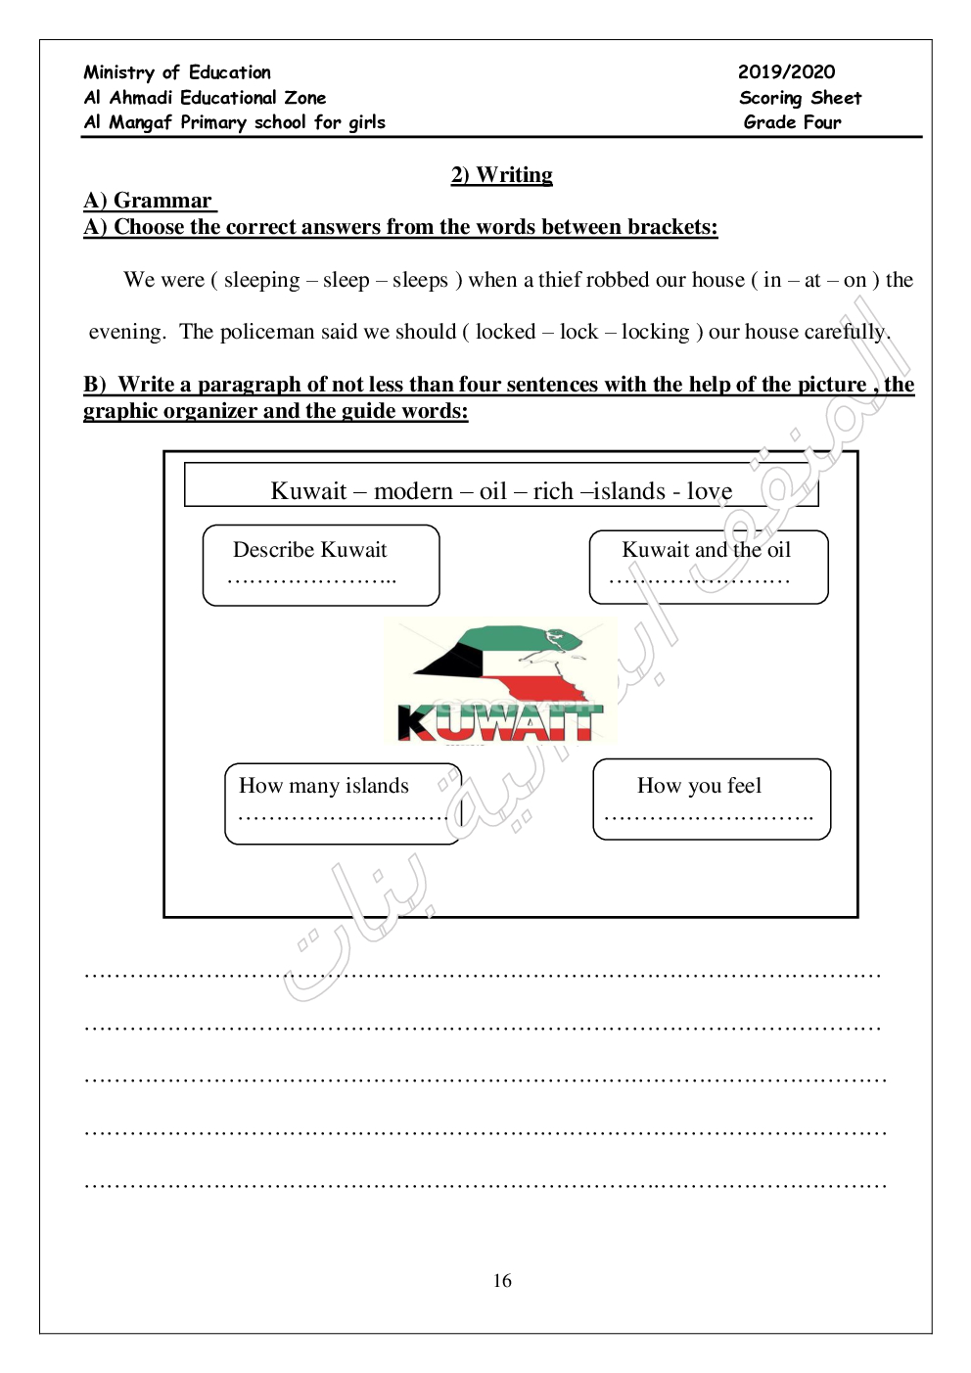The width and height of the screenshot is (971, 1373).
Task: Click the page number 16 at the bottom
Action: click(x=502, y=1281)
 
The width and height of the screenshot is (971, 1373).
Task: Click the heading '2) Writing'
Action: click(x=501, y=175)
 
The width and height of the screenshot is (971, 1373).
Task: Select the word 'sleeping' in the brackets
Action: click(x=261, y=280)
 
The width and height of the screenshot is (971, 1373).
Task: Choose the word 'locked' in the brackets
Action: click(x=505, y=332)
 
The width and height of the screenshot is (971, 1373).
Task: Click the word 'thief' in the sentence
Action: click(x=560, y=280)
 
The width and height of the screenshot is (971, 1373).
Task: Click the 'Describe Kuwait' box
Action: click(x=321, y=565)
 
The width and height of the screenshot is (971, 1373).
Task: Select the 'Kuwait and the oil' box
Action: click(x=709, y=567)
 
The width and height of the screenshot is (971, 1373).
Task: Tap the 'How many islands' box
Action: click(x=343, y=802)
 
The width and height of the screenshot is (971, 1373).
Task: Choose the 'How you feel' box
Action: click(x=712, y=799)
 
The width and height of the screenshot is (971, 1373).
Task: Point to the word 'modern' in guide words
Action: click(x=413, y=491)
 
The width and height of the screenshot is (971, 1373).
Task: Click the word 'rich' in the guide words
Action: click(x=553, y=491)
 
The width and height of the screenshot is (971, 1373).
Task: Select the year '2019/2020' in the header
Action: click(x=786, y=71)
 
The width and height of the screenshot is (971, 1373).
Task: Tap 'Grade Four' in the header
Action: click(x=792, y=122)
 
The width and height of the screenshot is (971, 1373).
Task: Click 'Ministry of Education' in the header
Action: click(x=177, y=72)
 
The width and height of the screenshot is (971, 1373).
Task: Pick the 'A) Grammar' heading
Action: click(x=149, y=201)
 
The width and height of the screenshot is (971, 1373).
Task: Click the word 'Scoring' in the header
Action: click(x=770, y=98)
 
